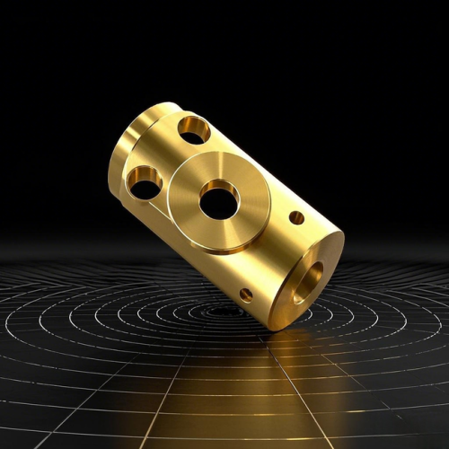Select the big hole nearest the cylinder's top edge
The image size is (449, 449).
click(x=193, y=129)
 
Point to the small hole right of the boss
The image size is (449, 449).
click(x=296, y=217)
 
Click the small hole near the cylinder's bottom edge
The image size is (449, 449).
click(x=246, y=294)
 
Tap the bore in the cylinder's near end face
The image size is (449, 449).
click(x=306, y=281)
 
